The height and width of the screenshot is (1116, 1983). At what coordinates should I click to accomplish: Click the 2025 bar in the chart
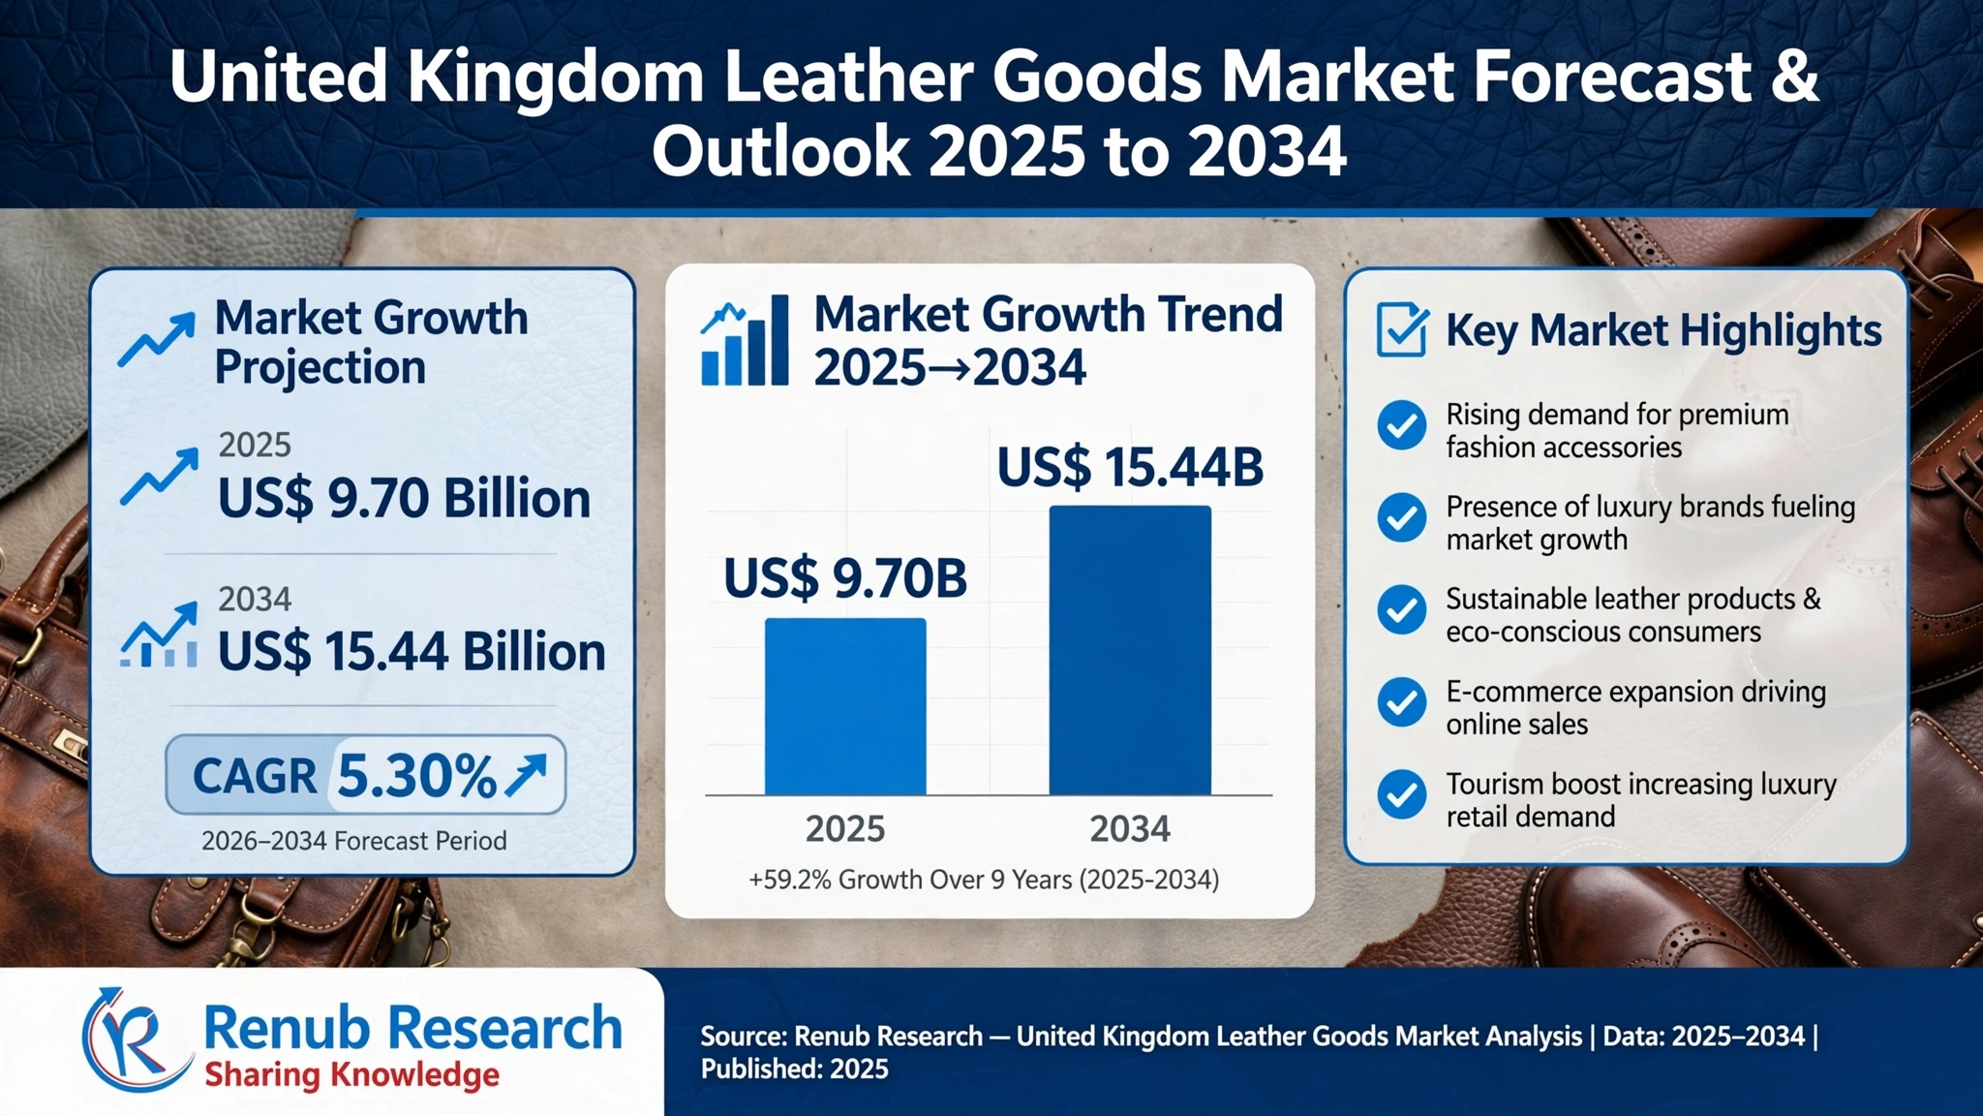click(845, 706)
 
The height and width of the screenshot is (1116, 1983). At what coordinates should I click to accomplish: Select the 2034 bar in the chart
click(1130, 650)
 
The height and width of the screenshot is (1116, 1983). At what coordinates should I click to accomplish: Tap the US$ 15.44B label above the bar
click(1130, 467)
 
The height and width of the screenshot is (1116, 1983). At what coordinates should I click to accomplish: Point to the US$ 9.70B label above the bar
click(845, 578)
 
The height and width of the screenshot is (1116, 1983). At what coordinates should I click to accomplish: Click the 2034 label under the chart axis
click(1130, 829)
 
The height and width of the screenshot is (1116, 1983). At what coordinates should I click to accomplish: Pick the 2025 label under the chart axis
click(845, 829)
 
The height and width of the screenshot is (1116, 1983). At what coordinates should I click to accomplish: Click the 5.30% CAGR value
click(416, 776)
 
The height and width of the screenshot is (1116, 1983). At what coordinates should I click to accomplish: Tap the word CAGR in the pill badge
click(255, 776)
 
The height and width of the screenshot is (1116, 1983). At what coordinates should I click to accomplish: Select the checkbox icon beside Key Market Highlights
click(1402, 329)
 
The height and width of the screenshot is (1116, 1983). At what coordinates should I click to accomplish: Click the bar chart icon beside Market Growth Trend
click(745, 340)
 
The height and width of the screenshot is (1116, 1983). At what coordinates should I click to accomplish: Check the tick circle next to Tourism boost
click(1401, 794)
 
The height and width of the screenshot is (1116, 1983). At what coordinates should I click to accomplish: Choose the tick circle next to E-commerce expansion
click(1401, 702)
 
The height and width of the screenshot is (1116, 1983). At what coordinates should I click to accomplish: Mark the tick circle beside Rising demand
click(1401, 425)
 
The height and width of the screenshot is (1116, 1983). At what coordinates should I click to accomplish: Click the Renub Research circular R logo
click(136, 1040)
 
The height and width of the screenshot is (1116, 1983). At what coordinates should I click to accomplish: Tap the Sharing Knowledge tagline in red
click(352, 1075)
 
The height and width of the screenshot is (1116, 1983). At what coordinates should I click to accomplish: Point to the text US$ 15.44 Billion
click(412, 651)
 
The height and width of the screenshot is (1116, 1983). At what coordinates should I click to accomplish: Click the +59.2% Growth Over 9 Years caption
click(984, 880)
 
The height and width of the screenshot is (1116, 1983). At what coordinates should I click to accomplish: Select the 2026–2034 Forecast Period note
click(353, 841)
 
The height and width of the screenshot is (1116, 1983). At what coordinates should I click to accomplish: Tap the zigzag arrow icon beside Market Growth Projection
click(156, 340)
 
